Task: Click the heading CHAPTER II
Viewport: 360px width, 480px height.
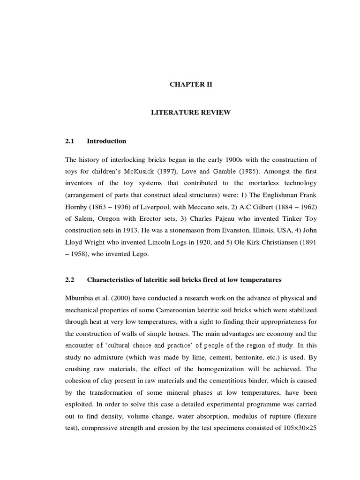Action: [190, 85]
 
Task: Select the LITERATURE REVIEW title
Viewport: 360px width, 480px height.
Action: [190, 113]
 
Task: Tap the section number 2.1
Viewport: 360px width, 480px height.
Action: [70, 141]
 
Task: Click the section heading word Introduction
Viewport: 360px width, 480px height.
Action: [106, 141]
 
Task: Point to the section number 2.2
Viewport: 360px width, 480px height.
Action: [70, 280]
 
